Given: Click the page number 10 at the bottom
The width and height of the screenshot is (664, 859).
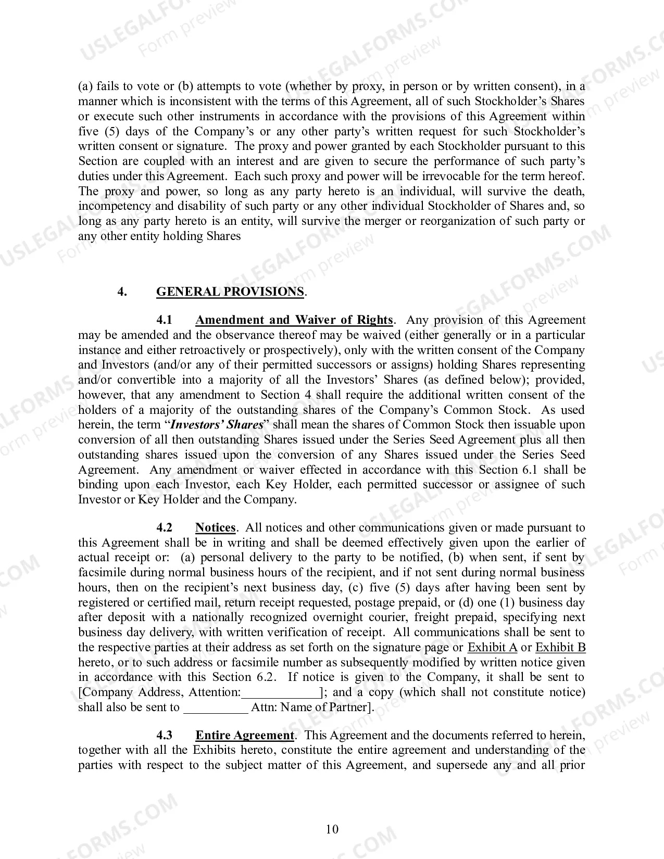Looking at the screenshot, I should click(332, 829).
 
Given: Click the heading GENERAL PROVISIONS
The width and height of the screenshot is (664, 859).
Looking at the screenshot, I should click(230, 292).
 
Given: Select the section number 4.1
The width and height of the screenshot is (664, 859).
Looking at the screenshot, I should click(165, 320).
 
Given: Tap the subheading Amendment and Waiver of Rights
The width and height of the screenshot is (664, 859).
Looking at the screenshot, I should click(294, 320).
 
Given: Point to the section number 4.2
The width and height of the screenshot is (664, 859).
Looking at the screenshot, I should click(165, 527).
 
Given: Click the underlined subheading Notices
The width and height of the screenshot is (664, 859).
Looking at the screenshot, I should click(215, 527).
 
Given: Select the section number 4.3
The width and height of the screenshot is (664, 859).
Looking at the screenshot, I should click(165, 735).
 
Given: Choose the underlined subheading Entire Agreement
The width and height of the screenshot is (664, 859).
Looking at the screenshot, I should click(244, 735).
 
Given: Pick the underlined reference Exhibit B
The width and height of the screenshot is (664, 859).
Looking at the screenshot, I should click(560, 648).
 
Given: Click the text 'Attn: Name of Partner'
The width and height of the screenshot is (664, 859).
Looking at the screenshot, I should click(309, 708).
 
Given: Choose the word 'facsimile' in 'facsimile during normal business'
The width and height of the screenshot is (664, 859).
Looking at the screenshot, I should click(102, 573).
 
